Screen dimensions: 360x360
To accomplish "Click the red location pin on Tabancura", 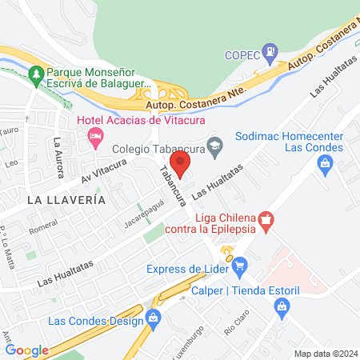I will (x=181, y=165).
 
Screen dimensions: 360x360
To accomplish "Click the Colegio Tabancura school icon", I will (x=214, y=146).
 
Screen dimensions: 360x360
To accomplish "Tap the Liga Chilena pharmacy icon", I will (x=267, y=218).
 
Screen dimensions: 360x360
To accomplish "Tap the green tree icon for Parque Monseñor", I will (x=34, y=74).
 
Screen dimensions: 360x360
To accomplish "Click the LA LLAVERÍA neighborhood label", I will (x=66, y=199).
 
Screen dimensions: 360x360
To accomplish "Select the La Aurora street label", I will (x=59, y=154).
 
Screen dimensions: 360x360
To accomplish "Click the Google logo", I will (x=27, y=350).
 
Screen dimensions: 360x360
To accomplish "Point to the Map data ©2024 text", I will (x=325, y=354).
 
